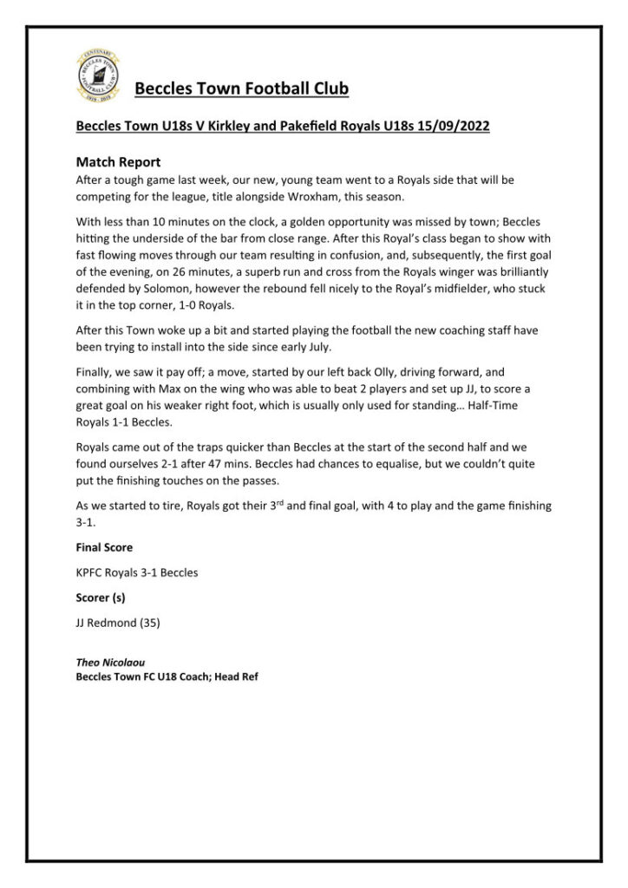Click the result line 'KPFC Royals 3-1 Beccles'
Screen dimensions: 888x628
coord(137,572)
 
